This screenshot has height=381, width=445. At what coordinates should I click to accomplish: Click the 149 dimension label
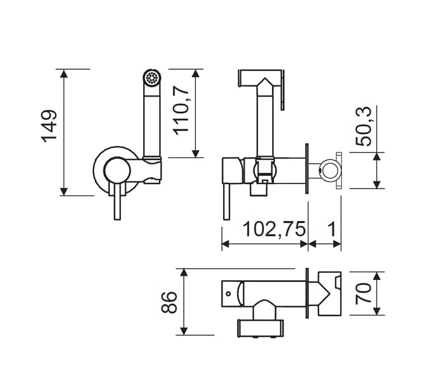49,126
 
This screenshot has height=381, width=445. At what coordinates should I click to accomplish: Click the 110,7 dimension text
181,110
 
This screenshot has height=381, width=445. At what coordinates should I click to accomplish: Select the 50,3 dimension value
364,126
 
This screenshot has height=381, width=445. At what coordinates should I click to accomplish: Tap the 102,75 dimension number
274,229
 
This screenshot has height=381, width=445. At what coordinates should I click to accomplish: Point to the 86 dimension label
169,302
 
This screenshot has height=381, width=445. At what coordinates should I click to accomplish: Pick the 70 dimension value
364,293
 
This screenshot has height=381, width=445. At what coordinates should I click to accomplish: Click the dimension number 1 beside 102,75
331,229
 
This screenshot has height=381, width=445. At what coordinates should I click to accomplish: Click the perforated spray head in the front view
151,77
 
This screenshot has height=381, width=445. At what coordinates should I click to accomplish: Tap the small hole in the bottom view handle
228,293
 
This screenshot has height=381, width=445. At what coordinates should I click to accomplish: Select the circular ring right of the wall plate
329,171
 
